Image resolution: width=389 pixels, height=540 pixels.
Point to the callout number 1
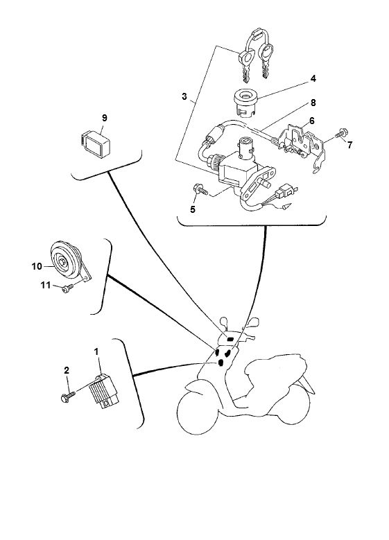point(98,352)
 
